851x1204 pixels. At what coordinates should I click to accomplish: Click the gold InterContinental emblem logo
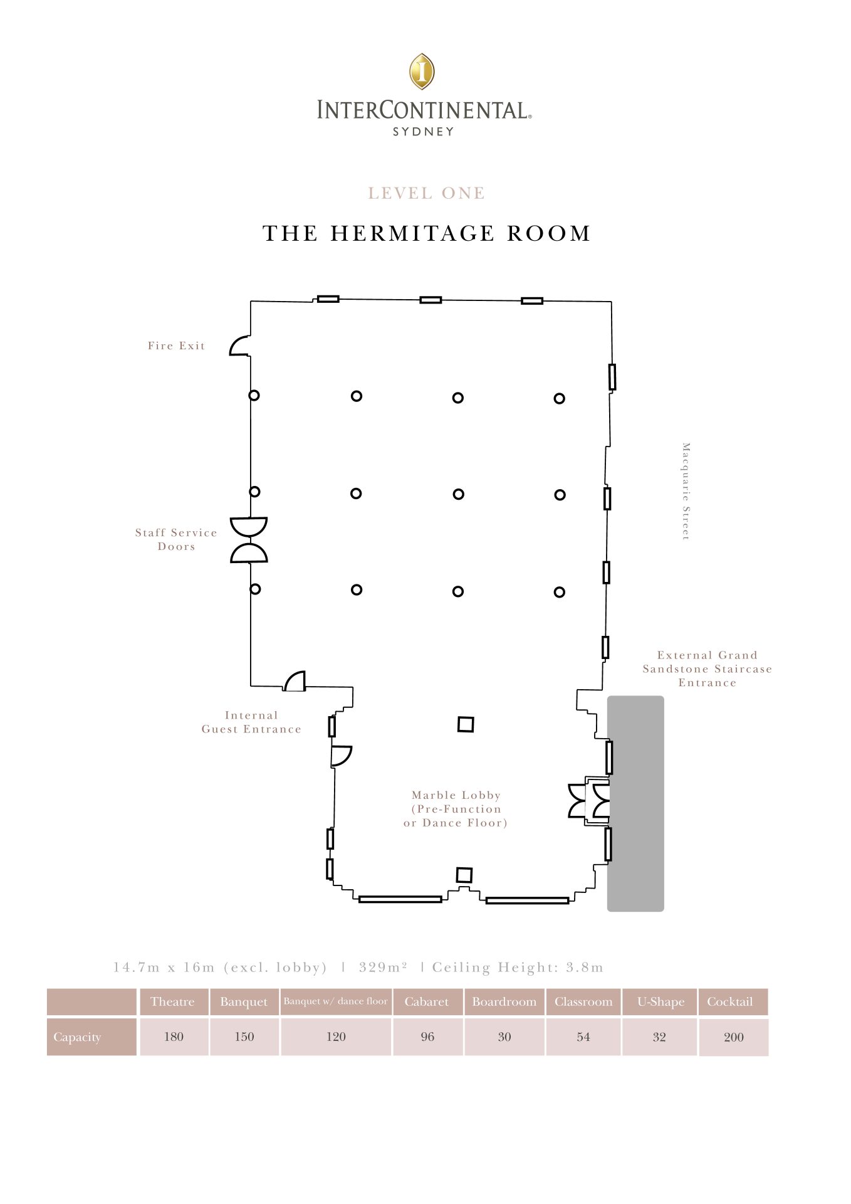click(x=422, y=71)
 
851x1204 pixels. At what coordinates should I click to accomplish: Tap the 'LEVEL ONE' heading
click(x=426, y=193)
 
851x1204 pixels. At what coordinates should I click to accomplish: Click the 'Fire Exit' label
click(x=176, y=346)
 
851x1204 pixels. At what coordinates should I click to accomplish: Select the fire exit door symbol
click(x=239, y=346)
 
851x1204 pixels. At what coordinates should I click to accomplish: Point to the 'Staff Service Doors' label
click(x=176, y=539)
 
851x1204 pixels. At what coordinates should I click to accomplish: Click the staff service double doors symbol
click(x=249, y=540)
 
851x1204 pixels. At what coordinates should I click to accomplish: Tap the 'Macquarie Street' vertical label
click(x=686, y=491)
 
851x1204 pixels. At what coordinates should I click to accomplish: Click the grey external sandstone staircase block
click(x=635, y=803)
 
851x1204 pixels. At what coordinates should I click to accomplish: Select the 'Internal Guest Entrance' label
click(x=251, y=722)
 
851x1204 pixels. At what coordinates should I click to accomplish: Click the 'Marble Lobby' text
click(x=456, y=795)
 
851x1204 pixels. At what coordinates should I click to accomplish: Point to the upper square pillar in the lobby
click(x=466, y=724)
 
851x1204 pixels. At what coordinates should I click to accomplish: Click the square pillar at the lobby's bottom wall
click(x=464, y=875)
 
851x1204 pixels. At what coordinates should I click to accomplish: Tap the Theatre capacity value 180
click(x=174, y=1037)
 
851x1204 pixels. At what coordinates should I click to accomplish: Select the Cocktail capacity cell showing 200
click(x=734, y=1037)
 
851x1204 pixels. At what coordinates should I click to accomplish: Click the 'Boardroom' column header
click(x=504, y=1001)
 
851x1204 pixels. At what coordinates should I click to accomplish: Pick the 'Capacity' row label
click(x=77, y=1037)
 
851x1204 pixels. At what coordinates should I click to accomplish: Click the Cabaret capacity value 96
click(x=427, y=1037)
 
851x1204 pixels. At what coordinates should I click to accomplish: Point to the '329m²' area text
click(x=383, y=967)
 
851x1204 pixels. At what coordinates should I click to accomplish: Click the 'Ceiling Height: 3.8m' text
click(x=518, y=968)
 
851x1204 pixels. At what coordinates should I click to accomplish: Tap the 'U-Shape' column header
click(x=660, y=1001)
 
